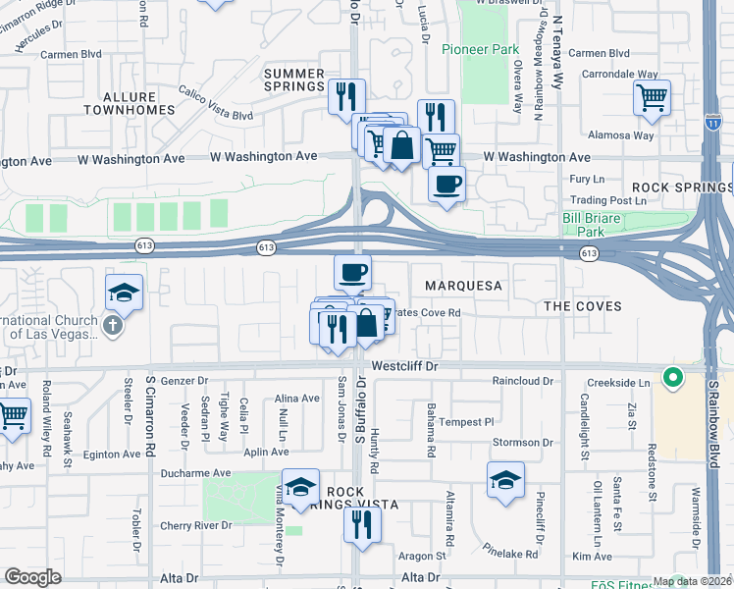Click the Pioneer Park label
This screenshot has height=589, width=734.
[479, 49]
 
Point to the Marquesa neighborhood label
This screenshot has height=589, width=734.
[463, 286]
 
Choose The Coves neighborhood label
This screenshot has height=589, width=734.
[583, 306]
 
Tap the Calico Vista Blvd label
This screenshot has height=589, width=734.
[216, 104]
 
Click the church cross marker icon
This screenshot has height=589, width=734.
[114, 324]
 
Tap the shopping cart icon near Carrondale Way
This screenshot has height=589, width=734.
[652, 97]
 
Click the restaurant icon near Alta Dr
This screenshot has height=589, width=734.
[356, 523]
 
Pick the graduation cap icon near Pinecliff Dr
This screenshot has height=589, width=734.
[504, 480]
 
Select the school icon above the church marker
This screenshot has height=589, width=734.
[125, 292]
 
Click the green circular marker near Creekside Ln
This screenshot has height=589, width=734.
[672, 377]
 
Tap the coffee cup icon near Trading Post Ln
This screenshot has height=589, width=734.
[446, 184]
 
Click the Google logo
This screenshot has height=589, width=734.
[32, 578]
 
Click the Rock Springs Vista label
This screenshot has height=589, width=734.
[361, 498]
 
